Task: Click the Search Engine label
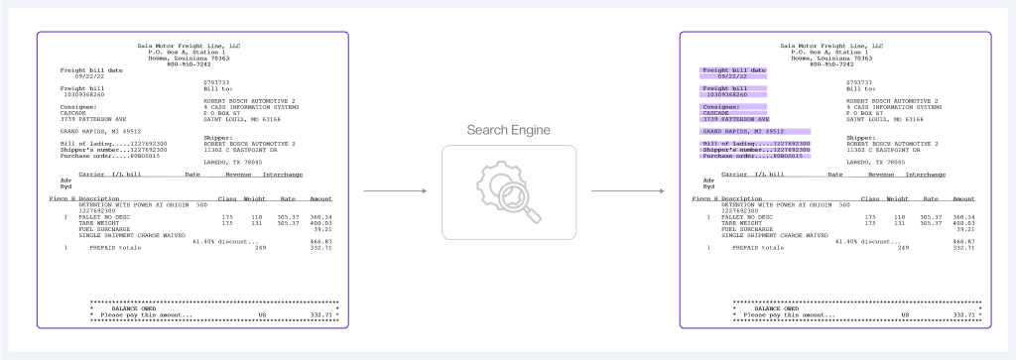507,131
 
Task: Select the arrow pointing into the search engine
393,191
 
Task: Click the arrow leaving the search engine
625,191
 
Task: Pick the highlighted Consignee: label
721,106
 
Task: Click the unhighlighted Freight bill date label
92,70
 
